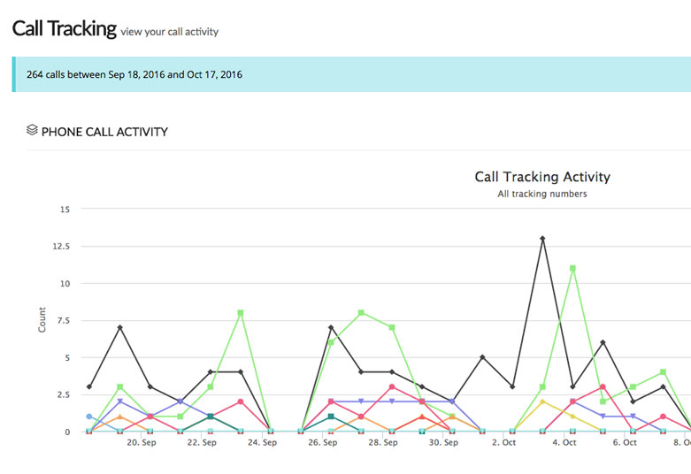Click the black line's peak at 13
click(x=542, y=239)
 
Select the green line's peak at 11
click(x=572, y=268)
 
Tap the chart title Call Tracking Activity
click(x=542, y=177)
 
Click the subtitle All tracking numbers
click(x=542, y=194)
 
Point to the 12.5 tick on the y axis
click(x=61, y=246)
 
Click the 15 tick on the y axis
click(x=65, y=210)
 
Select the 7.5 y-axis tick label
click(x=64, y=320)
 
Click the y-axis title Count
click(x=42, y=320)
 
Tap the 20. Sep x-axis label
click(x=142, y=442)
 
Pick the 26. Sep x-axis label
click(x=323, y=442)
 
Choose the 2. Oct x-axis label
click(x=503, y=442)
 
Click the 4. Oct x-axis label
click(x=564, y=442)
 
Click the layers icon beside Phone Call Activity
click(x=32, y=129)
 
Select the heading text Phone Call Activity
click(x=104, y=132)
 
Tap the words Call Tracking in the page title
click(x=65, y=28)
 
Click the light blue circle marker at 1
click(x=89, y=417)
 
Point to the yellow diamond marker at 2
click(x=542, y=401)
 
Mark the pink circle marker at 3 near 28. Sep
click(x=392, y=386)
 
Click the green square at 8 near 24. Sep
click(x=240, y=313)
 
